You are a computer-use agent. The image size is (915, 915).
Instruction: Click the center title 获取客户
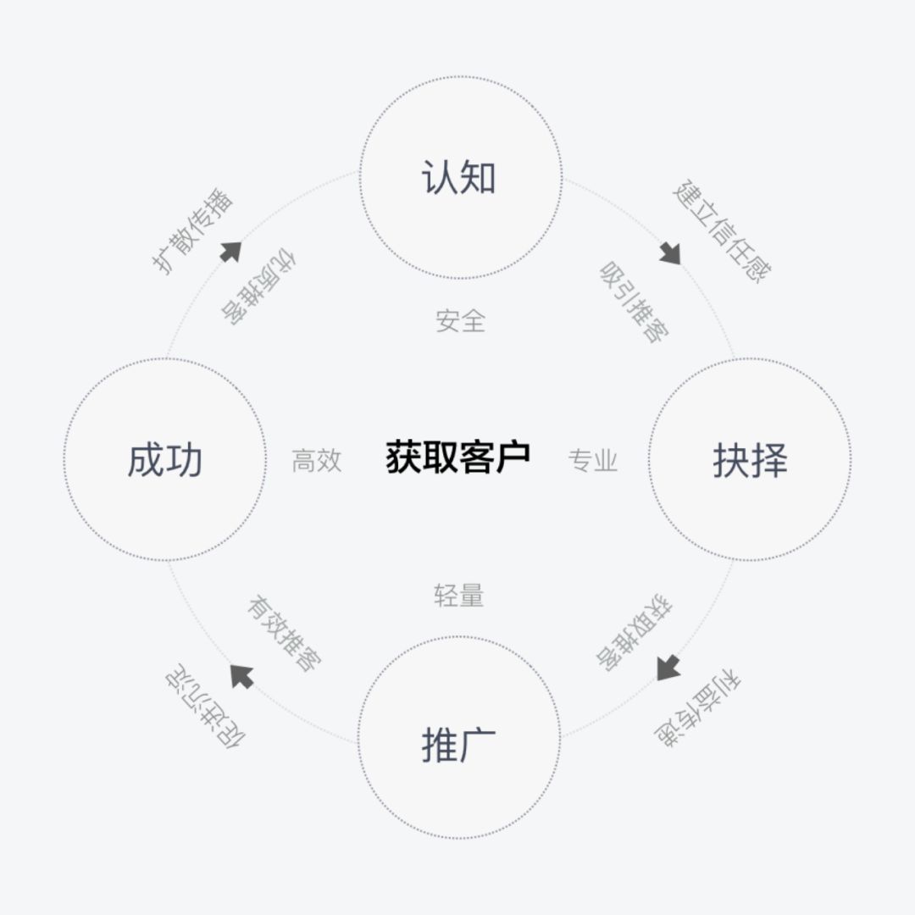tap(457, 458)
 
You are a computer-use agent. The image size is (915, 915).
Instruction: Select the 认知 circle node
tap(459, 179)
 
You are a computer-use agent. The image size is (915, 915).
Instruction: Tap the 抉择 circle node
tap(749, 460)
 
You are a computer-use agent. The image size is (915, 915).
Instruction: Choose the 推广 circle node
tap(458, 739)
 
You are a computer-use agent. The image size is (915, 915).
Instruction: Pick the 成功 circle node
tap(164, 460)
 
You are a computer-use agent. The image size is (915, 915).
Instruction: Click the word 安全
tap(460, 321)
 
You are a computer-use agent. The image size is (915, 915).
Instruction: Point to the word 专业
tap(593, 460)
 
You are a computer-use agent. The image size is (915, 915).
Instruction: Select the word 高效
tap(316, 460)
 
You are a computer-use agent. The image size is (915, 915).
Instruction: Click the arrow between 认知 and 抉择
tap(670, 252)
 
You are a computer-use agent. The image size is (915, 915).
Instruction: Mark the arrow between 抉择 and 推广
tap(668, 667)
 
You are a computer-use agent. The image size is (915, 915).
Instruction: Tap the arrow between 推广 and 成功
tap(242, 675)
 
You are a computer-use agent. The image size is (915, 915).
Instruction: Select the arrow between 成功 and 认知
tap(230, 252)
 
